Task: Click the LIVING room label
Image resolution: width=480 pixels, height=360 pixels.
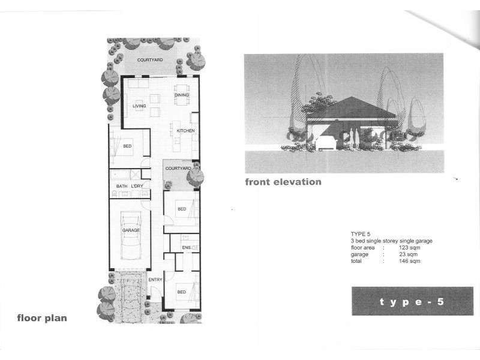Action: point(139,106)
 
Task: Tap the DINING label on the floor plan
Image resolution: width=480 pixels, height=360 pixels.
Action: point(181,95)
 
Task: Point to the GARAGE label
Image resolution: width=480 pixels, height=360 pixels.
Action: point(131,230)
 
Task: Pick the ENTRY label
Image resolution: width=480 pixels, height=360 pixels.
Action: point(155,280)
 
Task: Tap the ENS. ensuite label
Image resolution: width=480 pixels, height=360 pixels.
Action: point(186,247)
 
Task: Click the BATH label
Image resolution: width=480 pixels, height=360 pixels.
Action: point(122,187)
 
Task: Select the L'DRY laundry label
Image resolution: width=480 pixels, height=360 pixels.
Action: point(137,187)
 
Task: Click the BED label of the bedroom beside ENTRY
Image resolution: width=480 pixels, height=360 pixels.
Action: point(181,292)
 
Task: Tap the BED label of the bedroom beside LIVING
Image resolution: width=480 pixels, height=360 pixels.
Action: point(127,146)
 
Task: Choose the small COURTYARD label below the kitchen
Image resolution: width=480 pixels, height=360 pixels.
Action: point(178,169)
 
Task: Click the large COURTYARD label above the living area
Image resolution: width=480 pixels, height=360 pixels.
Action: point(149,60)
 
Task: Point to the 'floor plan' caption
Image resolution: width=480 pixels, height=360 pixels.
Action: point(42,318)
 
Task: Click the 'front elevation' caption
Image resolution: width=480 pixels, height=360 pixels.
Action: point(283,182)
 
